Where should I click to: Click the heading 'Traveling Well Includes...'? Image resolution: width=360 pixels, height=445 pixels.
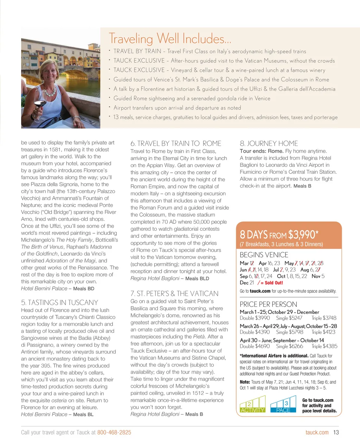tap(170, 38)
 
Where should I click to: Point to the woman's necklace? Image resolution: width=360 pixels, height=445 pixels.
tap(50, 92)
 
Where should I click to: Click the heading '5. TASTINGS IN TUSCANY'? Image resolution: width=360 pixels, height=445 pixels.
tap(59, 303)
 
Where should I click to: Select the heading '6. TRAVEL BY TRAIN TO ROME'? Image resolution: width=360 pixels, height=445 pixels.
tap(176, 144)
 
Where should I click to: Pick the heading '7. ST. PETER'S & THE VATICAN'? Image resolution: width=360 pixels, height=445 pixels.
tap(174, 294)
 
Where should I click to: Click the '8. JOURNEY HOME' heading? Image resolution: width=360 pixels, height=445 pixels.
tap(269, 144)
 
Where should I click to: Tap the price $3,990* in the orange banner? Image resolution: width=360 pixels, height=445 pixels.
tap(303, 234)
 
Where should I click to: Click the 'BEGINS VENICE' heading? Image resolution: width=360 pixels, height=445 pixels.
tap(264, 255)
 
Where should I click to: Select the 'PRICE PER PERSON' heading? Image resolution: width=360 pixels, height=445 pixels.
tap(268, 305)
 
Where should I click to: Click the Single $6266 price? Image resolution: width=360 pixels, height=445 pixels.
tap(290, 346)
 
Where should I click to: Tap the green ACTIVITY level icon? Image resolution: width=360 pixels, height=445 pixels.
tap(252, 405)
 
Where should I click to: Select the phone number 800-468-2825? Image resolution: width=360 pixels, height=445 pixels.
tap(114, 432)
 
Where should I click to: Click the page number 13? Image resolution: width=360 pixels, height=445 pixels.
tap(336, 432)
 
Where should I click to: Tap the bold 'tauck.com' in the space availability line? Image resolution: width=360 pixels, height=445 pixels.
tap(260, 291)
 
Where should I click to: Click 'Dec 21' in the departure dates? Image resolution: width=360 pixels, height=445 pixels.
tap(247, 283)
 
